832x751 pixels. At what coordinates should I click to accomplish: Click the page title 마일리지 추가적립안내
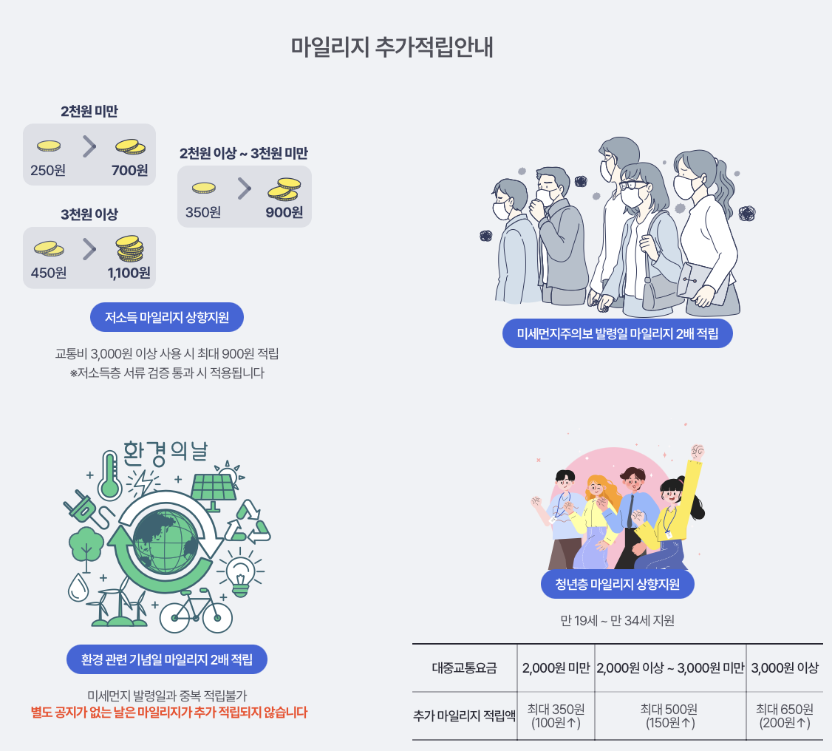(392, 47)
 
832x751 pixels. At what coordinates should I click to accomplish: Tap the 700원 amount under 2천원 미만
(130, 170)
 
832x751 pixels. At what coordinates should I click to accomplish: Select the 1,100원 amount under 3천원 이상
(129, 273)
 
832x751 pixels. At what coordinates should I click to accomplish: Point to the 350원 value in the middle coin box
(203, 212)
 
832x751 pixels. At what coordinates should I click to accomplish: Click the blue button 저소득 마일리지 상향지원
(167, 318)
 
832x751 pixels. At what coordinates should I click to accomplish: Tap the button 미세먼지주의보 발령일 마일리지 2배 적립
(618, 333)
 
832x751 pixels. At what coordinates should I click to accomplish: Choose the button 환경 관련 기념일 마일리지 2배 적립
(167, 659)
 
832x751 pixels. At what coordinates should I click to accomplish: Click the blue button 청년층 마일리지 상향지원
(618, 585)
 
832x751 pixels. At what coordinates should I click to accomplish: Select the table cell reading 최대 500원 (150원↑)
(669, 716)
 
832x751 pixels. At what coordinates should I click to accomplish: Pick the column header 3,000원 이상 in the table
(785, 668)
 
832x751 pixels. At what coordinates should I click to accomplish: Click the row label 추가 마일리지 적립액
(464, 716)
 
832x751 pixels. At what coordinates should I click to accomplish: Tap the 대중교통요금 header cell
(464, 668)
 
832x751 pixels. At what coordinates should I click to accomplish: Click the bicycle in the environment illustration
(196, 612)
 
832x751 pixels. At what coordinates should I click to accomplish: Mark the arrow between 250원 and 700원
(89, 147)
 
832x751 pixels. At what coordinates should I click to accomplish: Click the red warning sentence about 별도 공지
(168, 713)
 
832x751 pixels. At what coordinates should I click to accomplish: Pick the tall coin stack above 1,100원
(130, 248)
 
